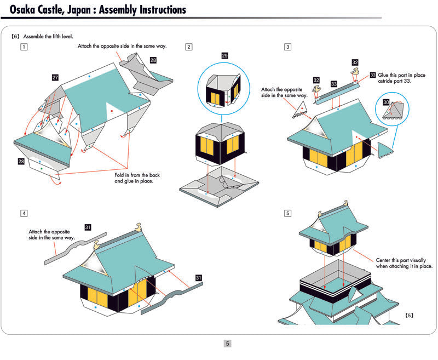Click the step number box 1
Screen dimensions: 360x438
(24, 47)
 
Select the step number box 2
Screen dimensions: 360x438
(189, 47)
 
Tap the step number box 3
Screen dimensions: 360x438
(288, 47)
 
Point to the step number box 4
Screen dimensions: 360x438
(24, 213)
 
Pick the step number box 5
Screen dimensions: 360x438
(288, 213)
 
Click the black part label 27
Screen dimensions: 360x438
(55, 78)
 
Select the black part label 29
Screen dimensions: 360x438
(225, 56)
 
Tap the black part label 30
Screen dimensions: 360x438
(386, 102)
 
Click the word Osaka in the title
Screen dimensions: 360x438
(26, 10)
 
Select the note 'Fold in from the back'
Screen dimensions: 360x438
(134, 175)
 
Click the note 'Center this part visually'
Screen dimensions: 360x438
(404, 260)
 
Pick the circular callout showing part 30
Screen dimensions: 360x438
(393, 110)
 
